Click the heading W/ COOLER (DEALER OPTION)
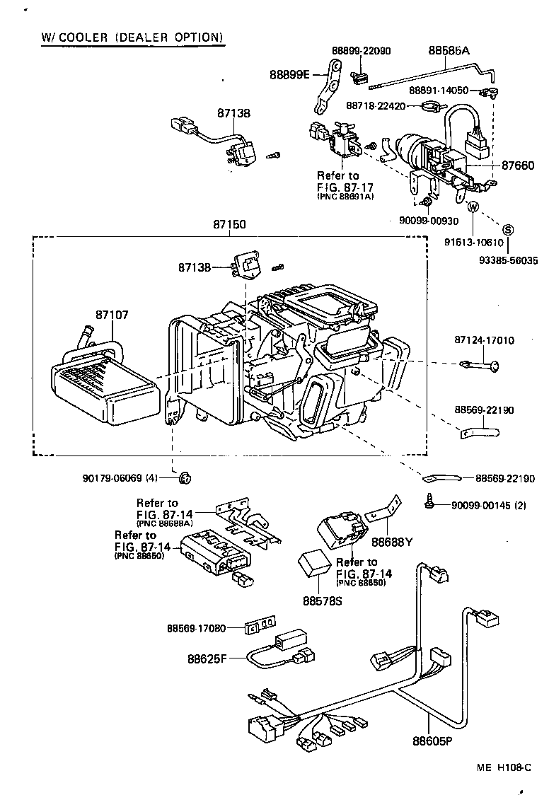[132, 36]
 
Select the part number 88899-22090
[361, 52]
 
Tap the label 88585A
[448, 52]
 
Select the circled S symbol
[507, 228]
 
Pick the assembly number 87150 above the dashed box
[229, 224]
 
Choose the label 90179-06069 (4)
[120, 478]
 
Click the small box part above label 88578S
[313, 563]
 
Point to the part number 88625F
[207, 658]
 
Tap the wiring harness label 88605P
[432, 742]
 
